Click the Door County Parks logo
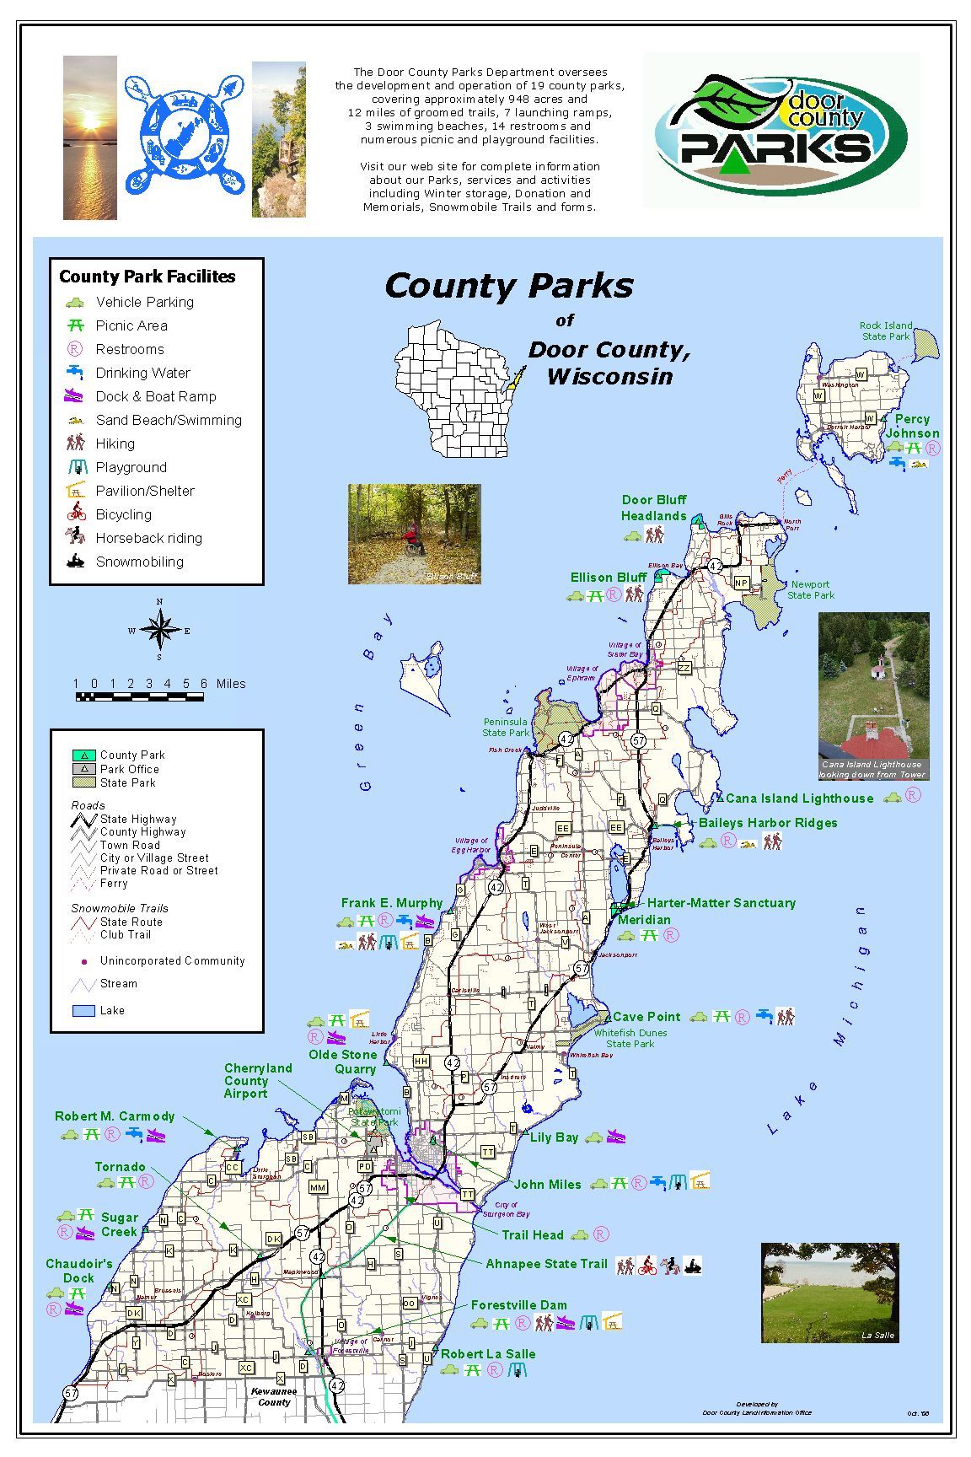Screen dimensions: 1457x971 click(x=781, y=131)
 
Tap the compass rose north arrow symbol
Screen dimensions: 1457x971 click(x=158, y=629)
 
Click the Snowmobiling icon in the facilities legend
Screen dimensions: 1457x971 click(x=76, y=562)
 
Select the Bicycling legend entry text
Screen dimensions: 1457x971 click(x=123, y=514)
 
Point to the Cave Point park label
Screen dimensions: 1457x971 click(x=646, y=1017)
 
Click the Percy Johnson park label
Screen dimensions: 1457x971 click(x=912, y=426)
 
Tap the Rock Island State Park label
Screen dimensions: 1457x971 click(x=885, y=331)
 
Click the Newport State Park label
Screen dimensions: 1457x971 click(x=810, y=589)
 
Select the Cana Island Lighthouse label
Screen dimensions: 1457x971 click(x=799, y=798)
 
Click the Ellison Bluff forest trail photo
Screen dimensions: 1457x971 click(x=414, y=534)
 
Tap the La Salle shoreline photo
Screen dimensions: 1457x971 click(x=829, y=1293)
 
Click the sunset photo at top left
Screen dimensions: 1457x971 click(x=90, y=137)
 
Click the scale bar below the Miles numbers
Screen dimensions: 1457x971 click(x=139, y=696)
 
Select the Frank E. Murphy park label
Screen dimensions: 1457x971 click(x=391, y=903)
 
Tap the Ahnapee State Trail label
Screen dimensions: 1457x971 click(x=546, y=1263)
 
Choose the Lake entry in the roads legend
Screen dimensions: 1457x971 click(x=111, y=1010)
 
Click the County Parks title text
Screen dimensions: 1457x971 click(x=508, y=285)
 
